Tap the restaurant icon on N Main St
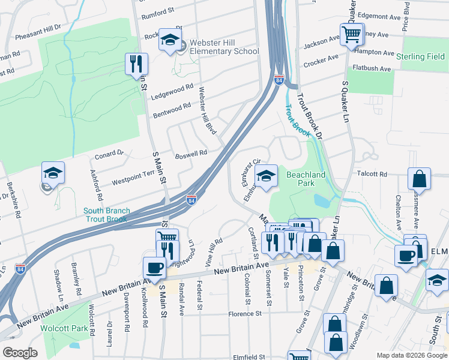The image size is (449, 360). click(137, 64)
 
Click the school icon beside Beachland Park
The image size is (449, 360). click(266, 176)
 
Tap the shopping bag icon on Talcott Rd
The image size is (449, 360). click(419, 179)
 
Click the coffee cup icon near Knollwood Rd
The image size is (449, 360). click(154, 268)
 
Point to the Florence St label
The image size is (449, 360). click(245, 313)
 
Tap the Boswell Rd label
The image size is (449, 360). click(191, 154)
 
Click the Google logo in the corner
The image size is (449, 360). click(19, 352)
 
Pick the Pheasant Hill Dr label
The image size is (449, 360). click(38, 28)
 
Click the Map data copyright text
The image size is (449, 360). click(411, 355)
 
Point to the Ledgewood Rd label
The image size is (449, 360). click(172, 90)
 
